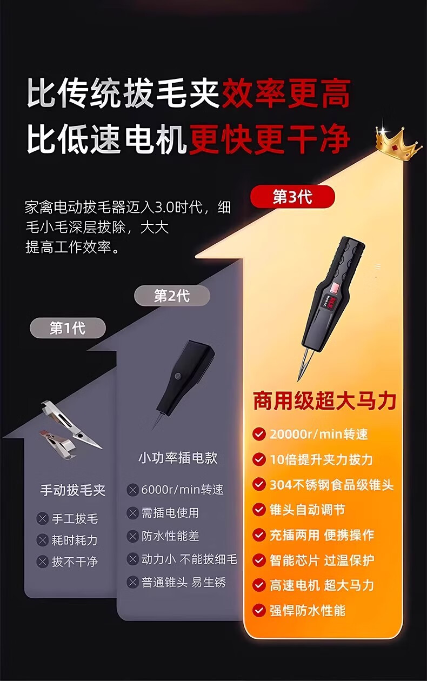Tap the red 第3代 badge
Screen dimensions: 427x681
point(292,196)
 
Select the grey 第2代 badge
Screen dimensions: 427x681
point(172,296)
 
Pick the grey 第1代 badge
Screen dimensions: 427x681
point(68,328)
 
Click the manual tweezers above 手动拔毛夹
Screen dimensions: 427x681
point(71,430)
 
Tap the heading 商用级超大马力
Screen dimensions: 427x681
point(324,401)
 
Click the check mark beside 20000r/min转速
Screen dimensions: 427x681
point(259,434)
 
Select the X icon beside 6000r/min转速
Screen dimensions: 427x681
point(132,490)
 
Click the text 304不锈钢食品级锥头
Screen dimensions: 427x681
point(332,485)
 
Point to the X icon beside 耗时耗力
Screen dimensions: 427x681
point(43,540)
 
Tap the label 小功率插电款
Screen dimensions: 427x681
point(178,458)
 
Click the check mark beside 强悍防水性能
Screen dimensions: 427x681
point(259,610)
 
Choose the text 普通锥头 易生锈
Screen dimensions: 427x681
point(183,582)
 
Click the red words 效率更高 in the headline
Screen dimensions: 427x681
point(286,93)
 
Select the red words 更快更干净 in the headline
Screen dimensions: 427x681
point(270,139)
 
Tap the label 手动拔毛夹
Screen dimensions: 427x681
point(73,490)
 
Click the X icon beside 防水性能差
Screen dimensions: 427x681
point(132,536)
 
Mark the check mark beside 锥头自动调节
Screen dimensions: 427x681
point(259,510)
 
